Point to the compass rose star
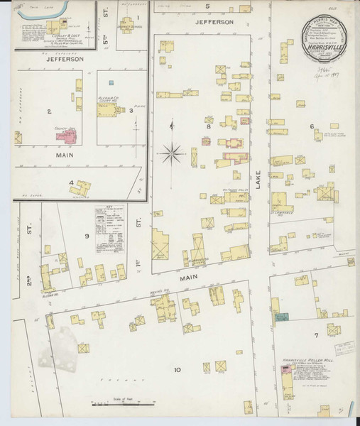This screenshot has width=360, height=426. click(x=171, y=151)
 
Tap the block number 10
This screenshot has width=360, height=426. click(x=177, y=370)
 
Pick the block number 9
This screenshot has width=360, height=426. click(x=87, y=235)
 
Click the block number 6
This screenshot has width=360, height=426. click(x=311, y=126)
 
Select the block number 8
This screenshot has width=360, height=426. click(x=208, y=126)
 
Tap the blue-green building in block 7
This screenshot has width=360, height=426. click(x=282, y=317)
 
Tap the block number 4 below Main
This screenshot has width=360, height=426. click(x=71, y=182)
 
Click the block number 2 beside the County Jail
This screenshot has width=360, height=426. click(x=49, y=111)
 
